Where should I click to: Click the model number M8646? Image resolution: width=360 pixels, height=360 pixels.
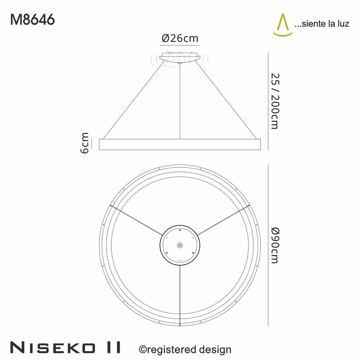coord(32,20)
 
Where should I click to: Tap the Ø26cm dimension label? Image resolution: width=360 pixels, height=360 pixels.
coord(180,38)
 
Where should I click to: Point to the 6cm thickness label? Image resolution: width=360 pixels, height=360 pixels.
coord(85,143)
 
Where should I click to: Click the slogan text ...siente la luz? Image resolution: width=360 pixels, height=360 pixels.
coord(321,24)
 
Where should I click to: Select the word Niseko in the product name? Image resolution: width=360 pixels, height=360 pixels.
coord(52,347)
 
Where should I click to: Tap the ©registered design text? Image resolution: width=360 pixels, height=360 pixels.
coord(185,349)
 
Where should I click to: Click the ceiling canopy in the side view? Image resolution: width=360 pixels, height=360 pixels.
coord(180,57)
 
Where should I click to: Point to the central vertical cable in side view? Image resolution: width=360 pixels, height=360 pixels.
coord(180,102)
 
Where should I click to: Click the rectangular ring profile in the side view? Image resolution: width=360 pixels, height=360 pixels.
coord(180,144)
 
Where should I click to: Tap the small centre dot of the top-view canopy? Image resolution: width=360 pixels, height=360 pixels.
coord(180,245)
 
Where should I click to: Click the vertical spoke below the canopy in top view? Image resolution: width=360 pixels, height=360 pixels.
coord(180,295)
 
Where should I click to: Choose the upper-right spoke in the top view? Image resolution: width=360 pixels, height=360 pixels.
coord(224,220)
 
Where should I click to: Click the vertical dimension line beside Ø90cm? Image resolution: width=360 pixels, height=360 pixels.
coord(268,245)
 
